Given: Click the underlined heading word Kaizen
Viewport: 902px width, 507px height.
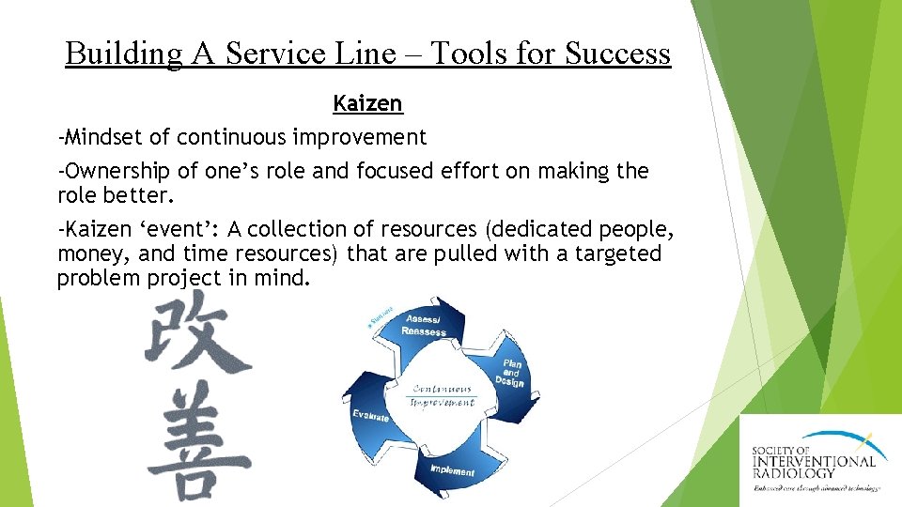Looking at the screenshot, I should pyautogui.click(x=367, y=104).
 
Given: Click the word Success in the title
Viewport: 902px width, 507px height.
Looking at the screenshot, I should pyautogui.click(x=618, y=54).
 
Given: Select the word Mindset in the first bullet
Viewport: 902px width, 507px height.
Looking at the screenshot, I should pyautogui.click(x=103, y=137).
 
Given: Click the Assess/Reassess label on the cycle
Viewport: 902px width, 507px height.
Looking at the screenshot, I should pyautogui.click(x=424, y=325).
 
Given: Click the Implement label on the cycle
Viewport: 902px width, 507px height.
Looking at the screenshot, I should pyautogui.click(x=452, y=469).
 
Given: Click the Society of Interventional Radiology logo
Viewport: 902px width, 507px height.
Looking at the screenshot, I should pyautogui.click(x=818, y=461).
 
